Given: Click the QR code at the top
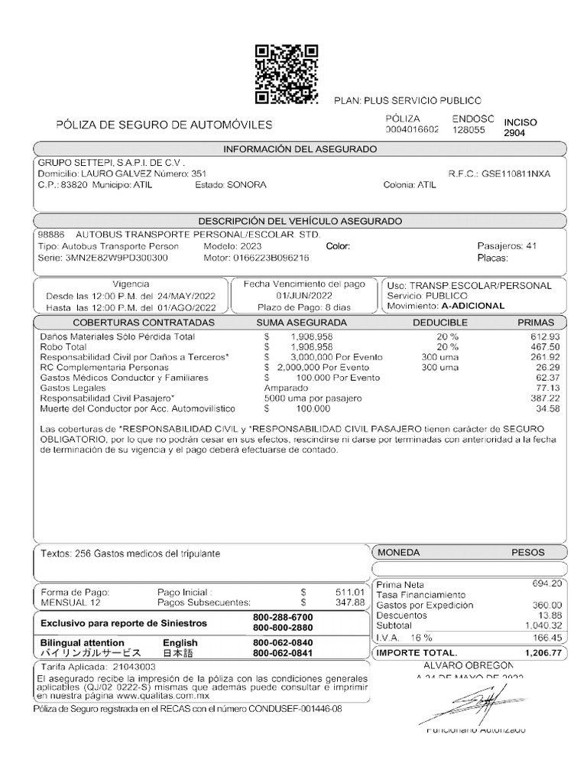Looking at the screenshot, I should [x=286, y=74].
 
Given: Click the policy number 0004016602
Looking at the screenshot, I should [x=412, y=130].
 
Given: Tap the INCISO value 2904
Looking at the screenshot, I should [x=515, y=133].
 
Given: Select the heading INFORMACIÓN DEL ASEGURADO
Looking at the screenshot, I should [x=300, y=148].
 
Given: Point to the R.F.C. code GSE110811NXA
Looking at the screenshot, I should [x=515, y=174].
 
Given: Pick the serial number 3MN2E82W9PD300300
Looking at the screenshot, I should [x=115, y=258].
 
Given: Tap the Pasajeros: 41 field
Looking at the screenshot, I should [x=507, y=246].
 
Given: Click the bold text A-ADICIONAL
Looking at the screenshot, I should [x=473, y=306].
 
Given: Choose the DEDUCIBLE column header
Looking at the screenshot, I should [x=439, y=323].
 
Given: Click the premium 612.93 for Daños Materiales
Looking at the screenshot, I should [x=544, y=336].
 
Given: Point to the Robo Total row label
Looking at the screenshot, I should [x=63, y=346].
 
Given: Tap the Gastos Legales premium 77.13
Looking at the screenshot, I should [x=547, y=388].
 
